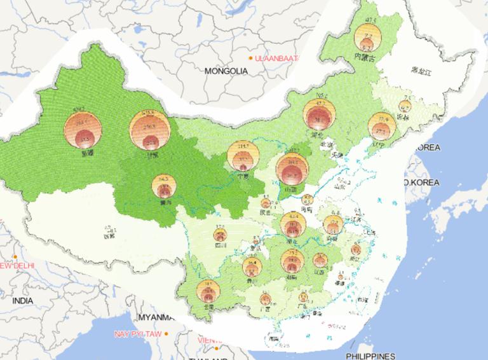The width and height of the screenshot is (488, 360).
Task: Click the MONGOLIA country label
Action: [226, 71]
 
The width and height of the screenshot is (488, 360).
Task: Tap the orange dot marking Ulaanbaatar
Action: [252, 58]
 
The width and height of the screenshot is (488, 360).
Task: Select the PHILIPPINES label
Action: [371, 356]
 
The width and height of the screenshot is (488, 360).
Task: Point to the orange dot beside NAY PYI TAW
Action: [166, 334]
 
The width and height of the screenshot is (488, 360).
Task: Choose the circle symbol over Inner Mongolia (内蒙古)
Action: [367, 37]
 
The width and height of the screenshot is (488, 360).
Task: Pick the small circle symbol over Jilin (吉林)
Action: [405, 106]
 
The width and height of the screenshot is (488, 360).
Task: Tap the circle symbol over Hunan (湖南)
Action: [292, 260]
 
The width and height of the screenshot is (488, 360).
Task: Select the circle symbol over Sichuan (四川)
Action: [220, 235]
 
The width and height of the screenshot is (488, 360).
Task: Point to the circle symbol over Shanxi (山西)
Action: [292, 168]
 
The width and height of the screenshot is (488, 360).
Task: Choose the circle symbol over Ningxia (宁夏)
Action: [241, 156]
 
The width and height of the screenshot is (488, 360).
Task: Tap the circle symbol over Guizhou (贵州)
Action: [252, 267]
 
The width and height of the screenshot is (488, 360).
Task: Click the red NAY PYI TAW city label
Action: [138, 334]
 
